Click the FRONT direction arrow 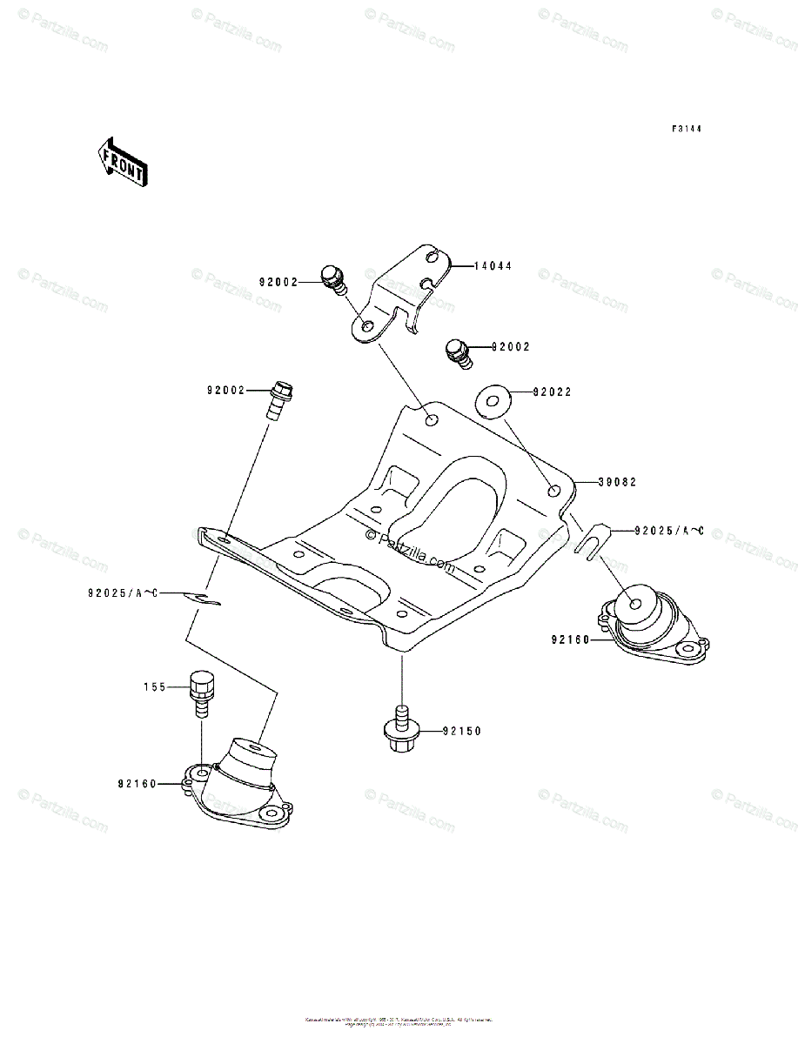(x=121, y=162)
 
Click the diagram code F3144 (x=686, y=129)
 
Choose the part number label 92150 (x=460, y=731)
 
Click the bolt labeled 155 (x=200, y=693)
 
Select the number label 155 (x=154, y=686)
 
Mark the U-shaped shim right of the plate (x=591, y=543)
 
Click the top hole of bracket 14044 (x=433, y=256)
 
